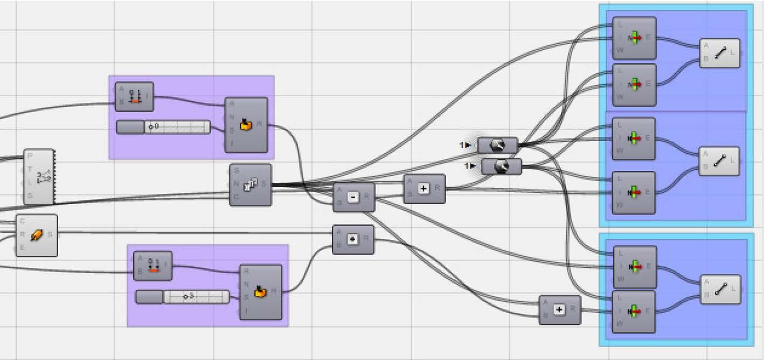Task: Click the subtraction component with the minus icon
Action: pyautogui.click(x=353, y=197)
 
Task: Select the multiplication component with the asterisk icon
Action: pyautogui.click(x=353, y=239)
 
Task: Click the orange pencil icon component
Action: pyautogui.click(x=37, y=235)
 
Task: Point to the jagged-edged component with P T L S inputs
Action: pyautogui.click(x=39, y=177)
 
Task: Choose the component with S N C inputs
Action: pyautogui.click(x=251, y=185)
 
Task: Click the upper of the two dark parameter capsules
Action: pyautogui.click(x=497, y=145)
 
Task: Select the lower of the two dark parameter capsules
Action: pyautogui.click(x=501, y=167)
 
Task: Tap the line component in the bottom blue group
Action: pyautogui.click(x=720, y=289)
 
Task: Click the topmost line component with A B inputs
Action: pyautogui.click(x=720, y=53)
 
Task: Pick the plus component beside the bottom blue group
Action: pyautogui.click(x=560, y=309)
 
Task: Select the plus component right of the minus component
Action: pyautogui.click(x=424, y=189)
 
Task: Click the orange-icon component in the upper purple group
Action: pyautogui.click(x=246, y=125)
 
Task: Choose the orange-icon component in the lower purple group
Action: pyautogui.click(x=261, y=292)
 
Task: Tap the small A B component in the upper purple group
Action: pyautogui.click(x=134, y=96)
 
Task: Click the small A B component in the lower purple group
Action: pyautogui.click(x=153, y=266)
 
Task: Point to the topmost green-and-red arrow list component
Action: pyautogui.click(x=634, y=38)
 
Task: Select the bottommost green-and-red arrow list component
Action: pyautogui.click(x=634, y=311)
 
